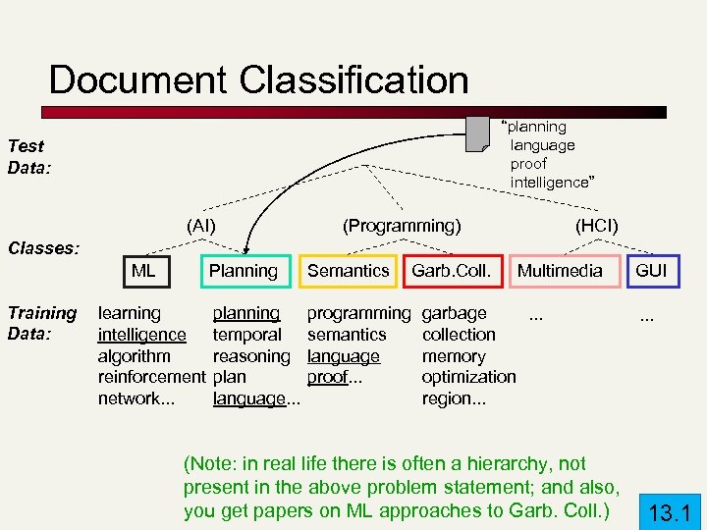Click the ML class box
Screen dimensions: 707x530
point(144,270)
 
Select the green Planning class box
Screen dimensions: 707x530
point(243,270)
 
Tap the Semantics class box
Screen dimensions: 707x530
point(348,270)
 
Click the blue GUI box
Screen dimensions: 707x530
point(651,270)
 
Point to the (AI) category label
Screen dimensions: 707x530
point(200,226)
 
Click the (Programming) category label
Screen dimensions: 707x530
point(401,226)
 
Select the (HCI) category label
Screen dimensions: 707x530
point(596,226)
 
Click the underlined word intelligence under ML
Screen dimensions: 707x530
point(141,335)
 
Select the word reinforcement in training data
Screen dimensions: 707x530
point(152,377)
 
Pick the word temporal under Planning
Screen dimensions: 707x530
point(246,335)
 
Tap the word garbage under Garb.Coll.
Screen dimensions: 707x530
point(454,313)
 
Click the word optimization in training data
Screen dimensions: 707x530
point(468,377)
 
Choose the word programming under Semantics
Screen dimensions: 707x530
point(358,313)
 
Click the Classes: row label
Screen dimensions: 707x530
point(43,247)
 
